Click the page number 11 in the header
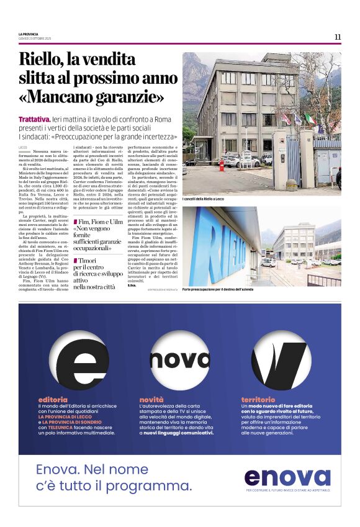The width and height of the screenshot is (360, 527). (x=337, y=37)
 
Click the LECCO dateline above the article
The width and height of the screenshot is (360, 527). (x=24, y=146)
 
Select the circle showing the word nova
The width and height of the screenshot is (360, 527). (x=179, y=359)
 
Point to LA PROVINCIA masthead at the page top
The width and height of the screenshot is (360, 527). (x=29, y=34)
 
